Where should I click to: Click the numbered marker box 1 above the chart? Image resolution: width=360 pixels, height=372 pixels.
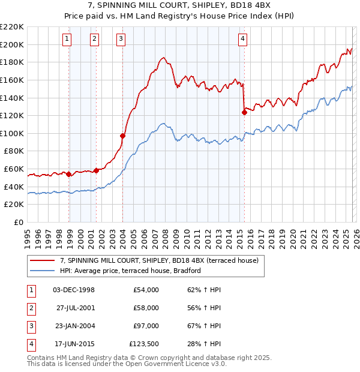pos(67,40)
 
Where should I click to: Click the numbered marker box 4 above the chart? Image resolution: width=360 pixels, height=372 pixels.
pos(242,40)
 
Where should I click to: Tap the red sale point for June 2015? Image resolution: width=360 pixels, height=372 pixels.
pos(244,112)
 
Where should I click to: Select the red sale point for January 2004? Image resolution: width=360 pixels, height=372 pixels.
pos(122,136)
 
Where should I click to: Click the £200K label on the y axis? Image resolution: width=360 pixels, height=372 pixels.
pos(12,44)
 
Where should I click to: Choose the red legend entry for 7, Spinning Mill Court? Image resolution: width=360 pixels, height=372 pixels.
pos(159,260)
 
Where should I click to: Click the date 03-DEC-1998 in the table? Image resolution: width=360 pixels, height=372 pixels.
pos(74,290)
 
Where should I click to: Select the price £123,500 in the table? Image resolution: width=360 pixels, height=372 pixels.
pos(144,344)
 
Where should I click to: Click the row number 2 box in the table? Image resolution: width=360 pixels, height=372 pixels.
pos(29,308)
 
